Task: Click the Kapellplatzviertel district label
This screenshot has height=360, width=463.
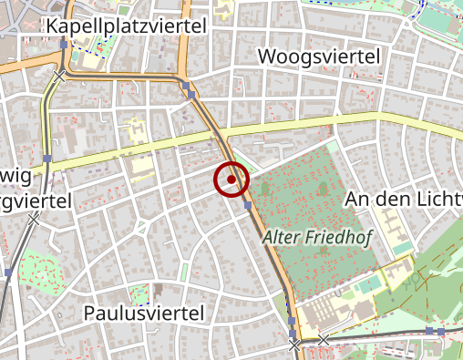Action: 126,26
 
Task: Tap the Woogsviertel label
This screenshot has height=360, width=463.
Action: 319,57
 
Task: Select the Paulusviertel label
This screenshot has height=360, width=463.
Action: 143,313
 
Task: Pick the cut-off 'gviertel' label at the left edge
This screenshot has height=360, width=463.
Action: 35,200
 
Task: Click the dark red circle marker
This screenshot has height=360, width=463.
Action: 231,180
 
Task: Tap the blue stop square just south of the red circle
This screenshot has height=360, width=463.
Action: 247,206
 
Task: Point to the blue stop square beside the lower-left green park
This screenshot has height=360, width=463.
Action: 9,272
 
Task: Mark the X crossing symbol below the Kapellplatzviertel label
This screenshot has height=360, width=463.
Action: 59,76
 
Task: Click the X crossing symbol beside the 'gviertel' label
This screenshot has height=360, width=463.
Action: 34,219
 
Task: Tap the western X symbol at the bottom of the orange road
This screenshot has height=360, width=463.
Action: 294,345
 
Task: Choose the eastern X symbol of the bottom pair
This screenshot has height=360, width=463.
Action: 324,340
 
